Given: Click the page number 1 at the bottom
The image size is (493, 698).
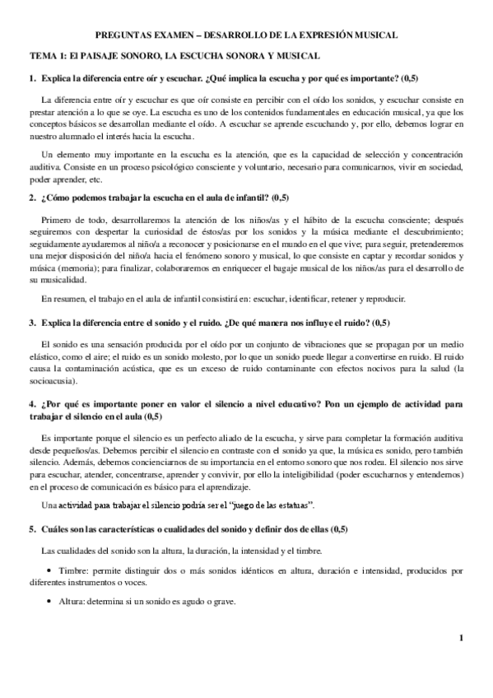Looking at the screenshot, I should click(x=462, y=636).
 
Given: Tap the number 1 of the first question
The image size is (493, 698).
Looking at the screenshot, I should click(x=32, y=78).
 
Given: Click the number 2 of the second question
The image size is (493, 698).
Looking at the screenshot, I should click(x=32, y=198).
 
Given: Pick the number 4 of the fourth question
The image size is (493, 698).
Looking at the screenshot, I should click(x=32, y=404).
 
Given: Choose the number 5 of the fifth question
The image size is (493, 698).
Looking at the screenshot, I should click(x=32, y=528).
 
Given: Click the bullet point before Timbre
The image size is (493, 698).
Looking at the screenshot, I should click(x=52, y=570).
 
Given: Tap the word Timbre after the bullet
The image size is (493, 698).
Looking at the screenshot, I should click(x=75, y=570).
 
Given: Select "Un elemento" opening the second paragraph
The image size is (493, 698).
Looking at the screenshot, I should click(x=66, y=155).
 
